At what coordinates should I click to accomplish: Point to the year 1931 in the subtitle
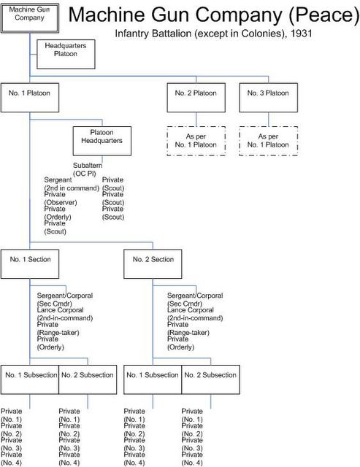(302, 33)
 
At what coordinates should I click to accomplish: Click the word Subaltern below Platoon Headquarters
(88, 166)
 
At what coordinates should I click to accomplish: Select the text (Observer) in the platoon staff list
(61, 203)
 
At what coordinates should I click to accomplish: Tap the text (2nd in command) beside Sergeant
(72, 188)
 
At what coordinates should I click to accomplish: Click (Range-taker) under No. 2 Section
(188, 333)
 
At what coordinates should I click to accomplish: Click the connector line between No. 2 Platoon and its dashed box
(196, 120)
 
